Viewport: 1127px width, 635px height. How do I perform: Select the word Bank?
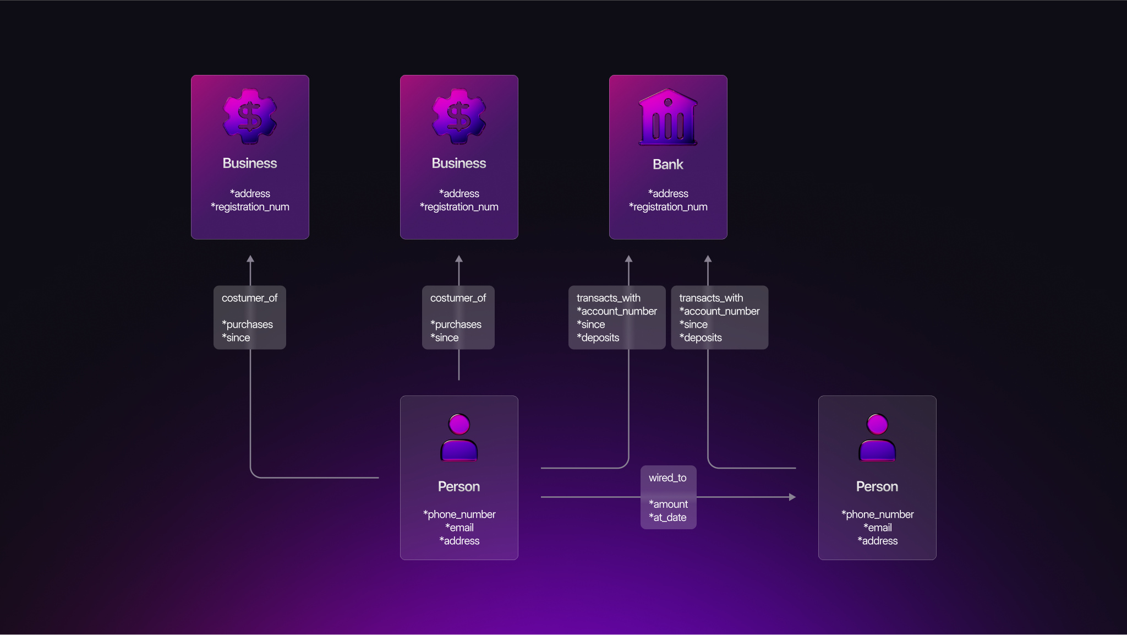[x=668, y=164]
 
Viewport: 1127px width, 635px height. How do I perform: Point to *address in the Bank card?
[x=668, y=193]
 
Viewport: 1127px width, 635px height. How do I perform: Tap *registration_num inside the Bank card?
[x=668, y=207]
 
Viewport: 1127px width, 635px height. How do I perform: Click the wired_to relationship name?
[x=668, y=478]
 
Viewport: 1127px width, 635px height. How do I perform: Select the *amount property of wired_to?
[x=668, y=504]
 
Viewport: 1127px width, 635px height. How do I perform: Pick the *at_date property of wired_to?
[x=668, y=518]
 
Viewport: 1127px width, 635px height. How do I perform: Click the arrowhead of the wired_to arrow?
[x=792, y=497]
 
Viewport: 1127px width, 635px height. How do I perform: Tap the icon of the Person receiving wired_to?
[x=877, y=437]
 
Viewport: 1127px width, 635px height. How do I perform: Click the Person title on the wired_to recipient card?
[x=877, y=487]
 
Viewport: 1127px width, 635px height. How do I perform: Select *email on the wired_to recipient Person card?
[x=877, y=528]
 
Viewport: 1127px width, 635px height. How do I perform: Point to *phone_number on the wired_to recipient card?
[x=877, y=514]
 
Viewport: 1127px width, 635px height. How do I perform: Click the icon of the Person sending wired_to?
[x=459, y=437]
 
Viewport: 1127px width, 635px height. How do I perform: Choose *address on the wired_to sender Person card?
[x=459, y=541]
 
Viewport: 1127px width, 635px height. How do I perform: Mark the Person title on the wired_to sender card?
[x=459, y=487]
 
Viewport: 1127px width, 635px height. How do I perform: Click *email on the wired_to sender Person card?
[x=459, y=528]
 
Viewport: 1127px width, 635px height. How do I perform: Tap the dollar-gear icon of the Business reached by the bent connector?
[x=250, y=116]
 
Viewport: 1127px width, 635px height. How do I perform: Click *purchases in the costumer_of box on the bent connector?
[x=247, y=324]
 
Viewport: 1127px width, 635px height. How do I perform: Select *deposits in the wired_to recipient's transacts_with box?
[x=701, y=338]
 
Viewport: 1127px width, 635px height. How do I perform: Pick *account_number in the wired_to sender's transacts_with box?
[x=617, y=311]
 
